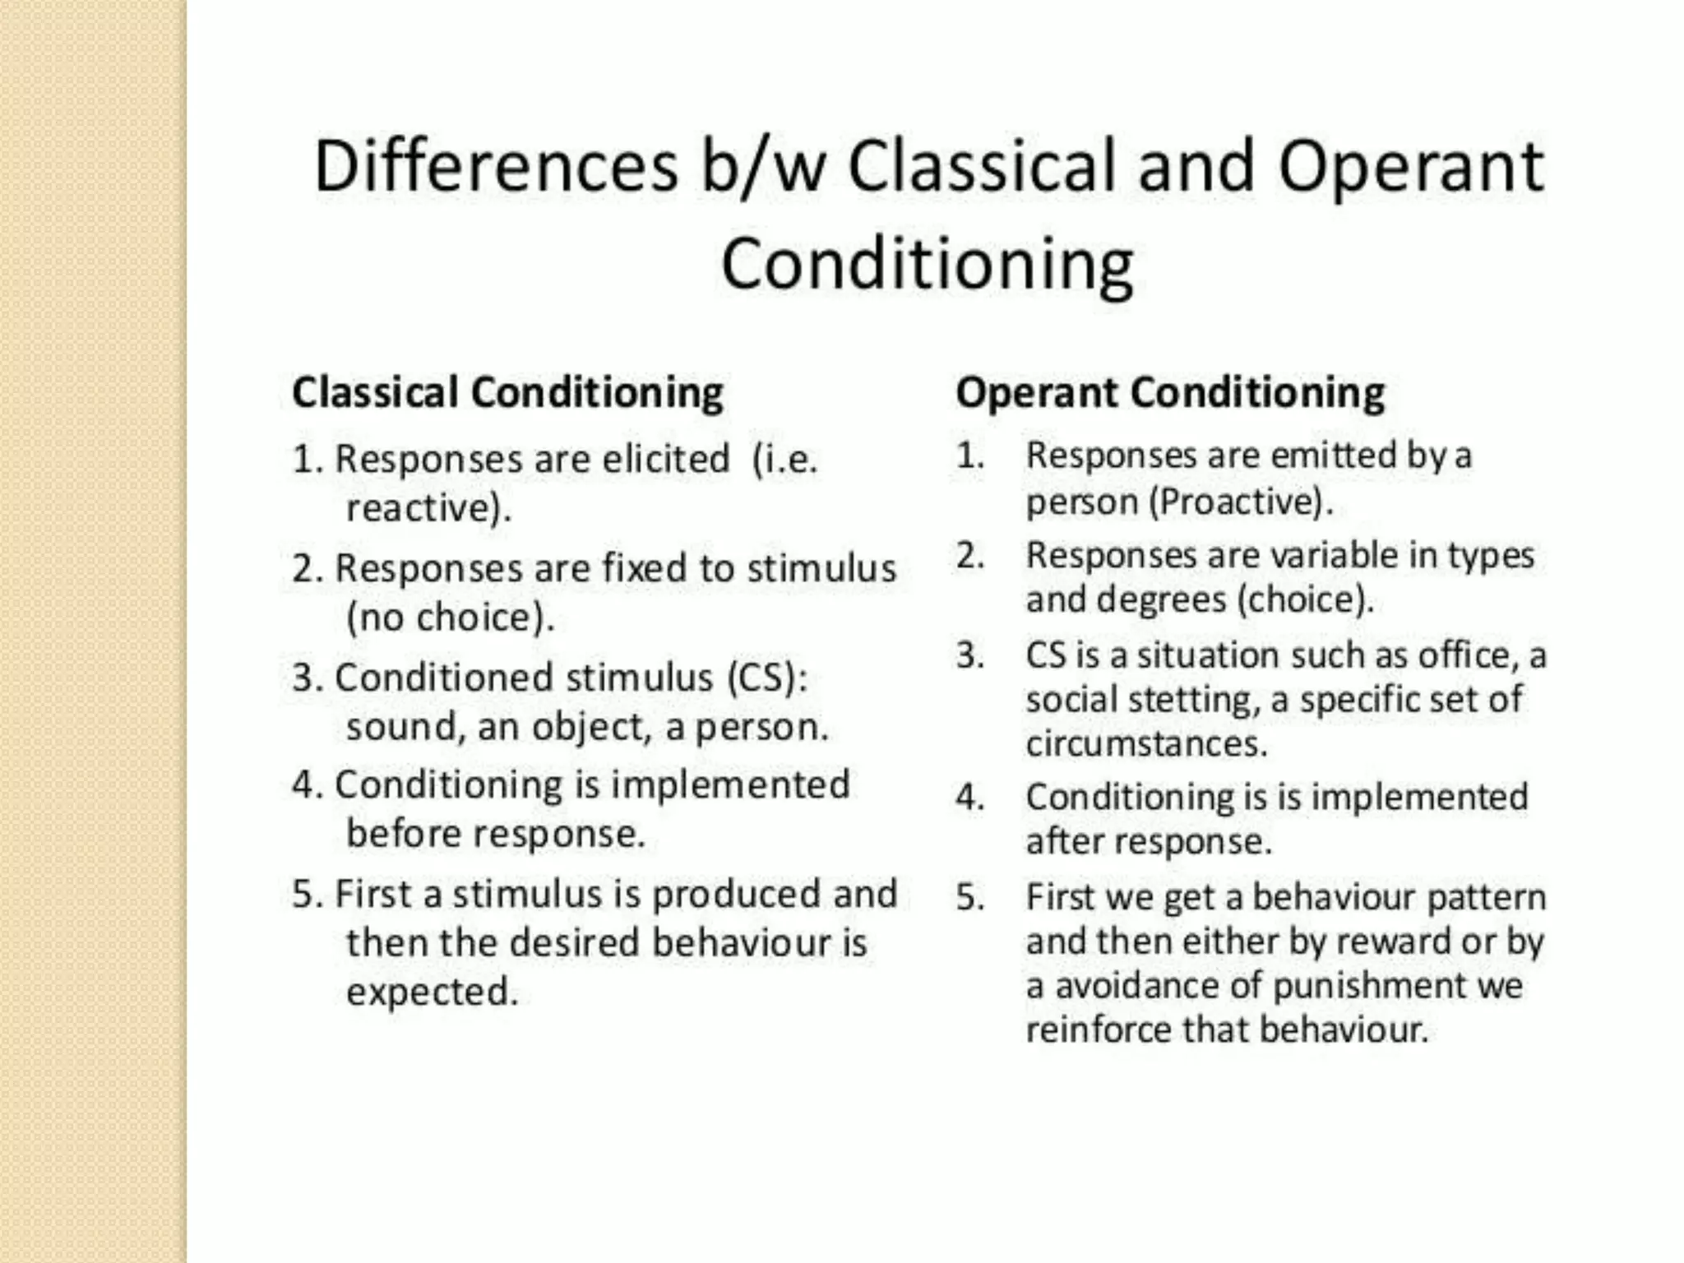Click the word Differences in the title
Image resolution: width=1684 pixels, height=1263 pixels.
(496, 167)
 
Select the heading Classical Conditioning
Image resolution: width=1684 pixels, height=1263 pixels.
(507, 392)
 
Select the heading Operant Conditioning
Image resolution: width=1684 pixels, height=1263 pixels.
(1169, 392)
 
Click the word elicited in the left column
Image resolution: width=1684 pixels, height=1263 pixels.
(665, 459)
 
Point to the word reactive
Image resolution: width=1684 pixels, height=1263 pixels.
(423, 507)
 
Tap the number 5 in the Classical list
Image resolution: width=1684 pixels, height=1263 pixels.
(304, 895)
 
